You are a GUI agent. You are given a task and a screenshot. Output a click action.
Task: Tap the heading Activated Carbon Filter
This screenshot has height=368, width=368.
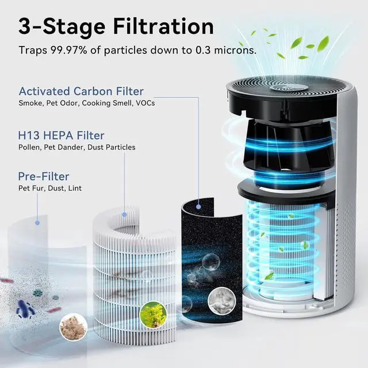tap(81, 91)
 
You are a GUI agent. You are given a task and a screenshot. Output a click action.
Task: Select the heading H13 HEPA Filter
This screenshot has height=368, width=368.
tap(62, 136)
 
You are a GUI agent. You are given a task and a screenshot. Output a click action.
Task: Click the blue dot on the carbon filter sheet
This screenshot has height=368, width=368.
tap(198, 204)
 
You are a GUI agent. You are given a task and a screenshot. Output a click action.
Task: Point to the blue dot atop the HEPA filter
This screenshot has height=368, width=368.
tap(125, 214)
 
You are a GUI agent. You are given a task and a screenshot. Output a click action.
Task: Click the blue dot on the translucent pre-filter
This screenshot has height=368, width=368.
tap(37, 221)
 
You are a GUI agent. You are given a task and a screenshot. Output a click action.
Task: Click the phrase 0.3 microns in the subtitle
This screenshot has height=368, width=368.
tap(227, 50)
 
